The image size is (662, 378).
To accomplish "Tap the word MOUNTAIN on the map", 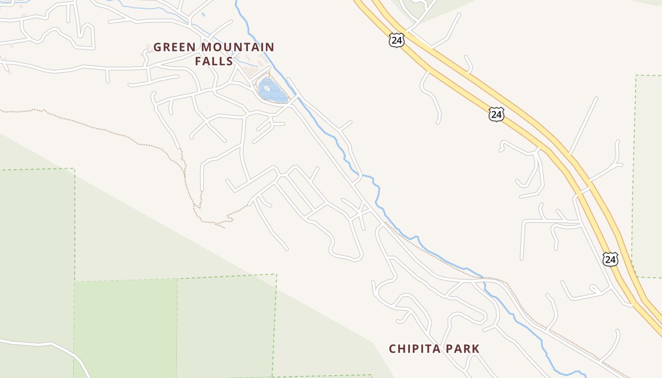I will (x=238, y=47).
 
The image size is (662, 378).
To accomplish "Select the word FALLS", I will (x=214, y=61).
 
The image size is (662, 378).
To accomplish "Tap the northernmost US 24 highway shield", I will (x=397, y=40).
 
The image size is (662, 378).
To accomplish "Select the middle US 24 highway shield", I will (x=496, y=114).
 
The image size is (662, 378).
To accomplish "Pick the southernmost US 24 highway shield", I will (x=610, y=259).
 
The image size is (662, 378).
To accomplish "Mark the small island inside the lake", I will (x=267, y=87).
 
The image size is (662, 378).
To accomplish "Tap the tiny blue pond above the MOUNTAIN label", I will (x=203, y=14).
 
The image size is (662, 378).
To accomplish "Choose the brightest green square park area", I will (x=126, y=326).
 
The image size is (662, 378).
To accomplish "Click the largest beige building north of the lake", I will (x=249, y=71).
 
